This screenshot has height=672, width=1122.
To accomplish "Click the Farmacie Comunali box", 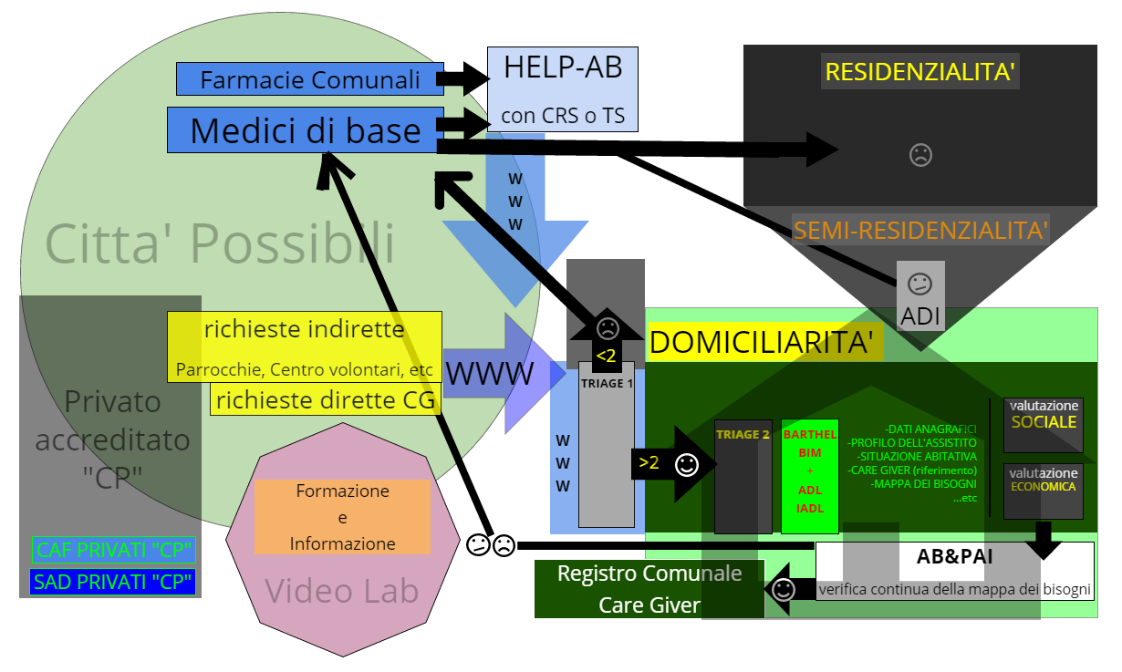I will point(310,79).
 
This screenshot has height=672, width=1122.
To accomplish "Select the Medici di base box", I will point(305,130).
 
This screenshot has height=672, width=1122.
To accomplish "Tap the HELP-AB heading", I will point(563,67).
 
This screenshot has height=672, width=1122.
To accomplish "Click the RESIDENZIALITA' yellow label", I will point(920,71).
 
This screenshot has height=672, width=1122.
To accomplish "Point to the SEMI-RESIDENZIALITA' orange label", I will point(920,230).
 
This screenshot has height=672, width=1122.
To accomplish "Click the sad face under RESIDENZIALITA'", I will point(920,155).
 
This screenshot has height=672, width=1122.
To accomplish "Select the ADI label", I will point(919,316).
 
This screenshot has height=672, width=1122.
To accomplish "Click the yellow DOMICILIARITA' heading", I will point(766,342).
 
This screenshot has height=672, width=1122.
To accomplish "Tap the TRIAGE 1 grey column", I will point(607,447).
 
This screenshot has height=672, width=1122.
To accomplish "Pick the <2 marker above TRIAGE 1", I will point(606,355).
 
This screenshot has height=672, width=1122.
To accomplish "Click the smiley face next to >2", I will point(686,465).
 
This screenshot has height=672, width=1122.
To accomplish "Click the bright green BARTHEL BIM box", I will point(810,476).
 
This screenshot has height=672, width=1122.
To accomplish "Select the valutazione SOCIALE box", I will point(1044,424).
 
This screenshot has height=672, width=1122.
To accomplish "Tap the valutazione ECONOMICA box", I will point(1044,491).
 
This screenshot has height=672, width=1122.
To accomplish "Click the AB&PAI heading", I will point(954,557).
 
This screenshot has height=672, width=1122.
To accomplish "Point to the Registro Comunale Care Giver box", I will point(649,589).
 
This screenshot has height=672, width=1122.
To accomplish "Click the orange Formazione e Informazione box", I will point(342,517).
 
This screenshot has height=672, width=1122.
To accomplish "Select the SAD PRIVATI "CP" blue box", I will point(113,582).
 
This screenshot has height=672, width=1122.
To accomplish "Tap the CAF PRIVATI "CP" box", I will point(113,550).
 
